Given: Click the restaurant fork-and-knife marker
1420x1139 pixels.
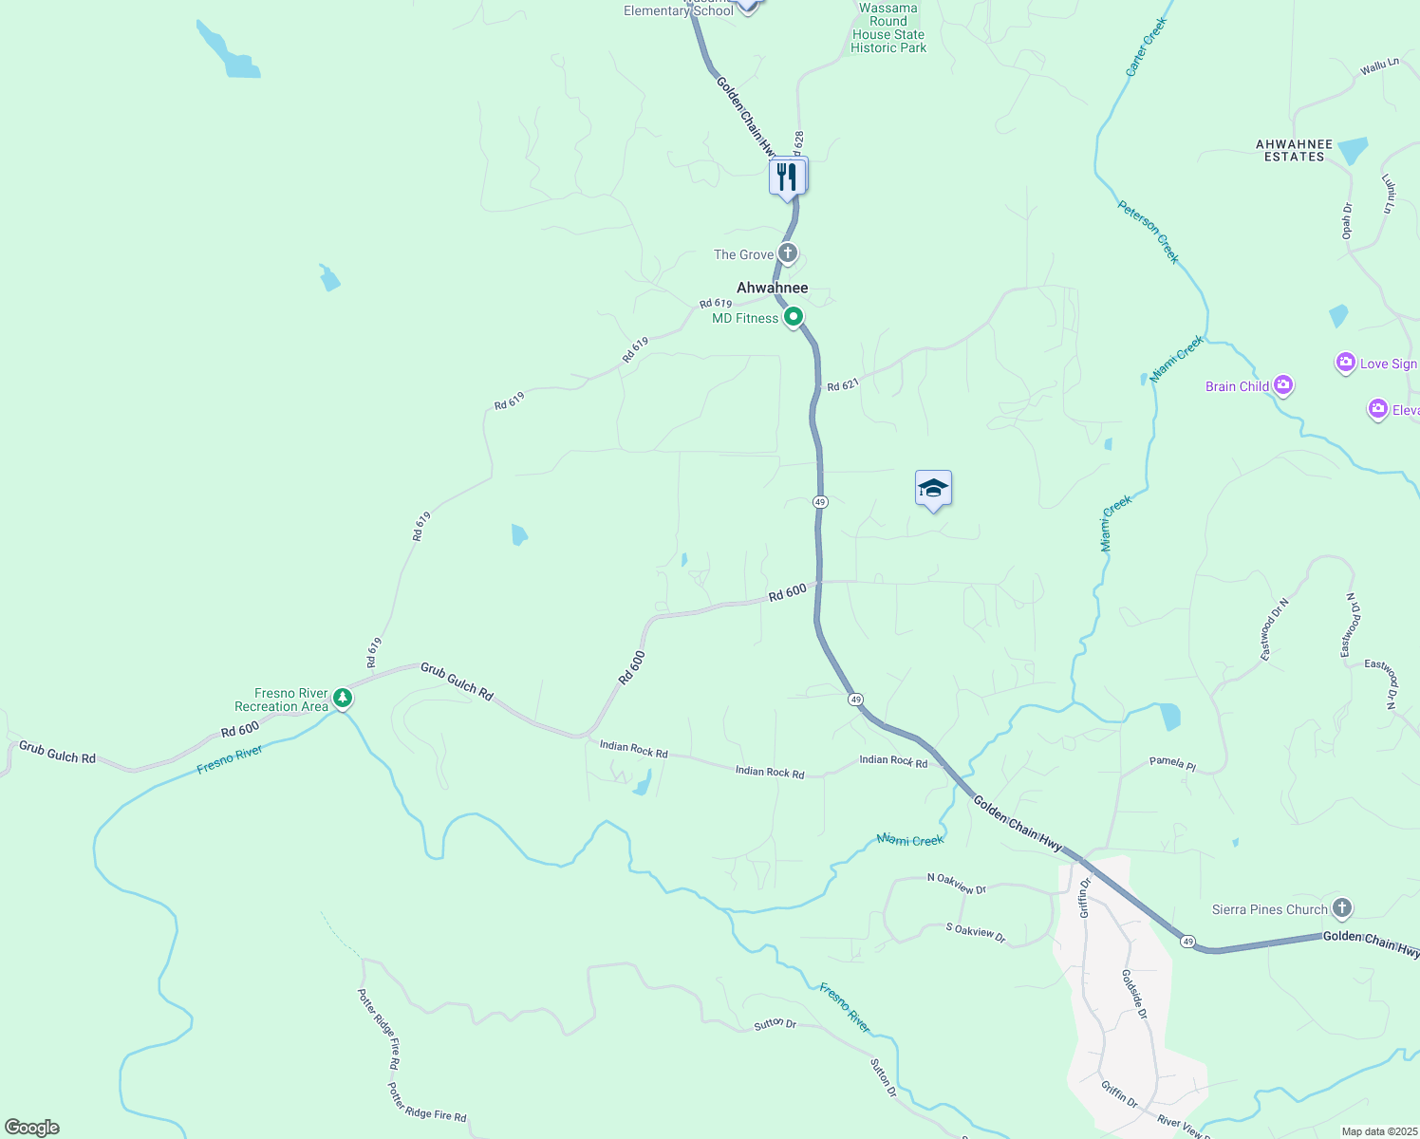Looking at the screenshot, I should [x=787, y=177].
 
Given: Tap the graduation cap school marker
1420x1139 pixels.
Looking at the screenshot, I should [x=933, y=489].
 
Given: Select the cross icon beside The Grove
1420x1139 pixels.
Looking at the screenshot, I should [x=787, y=253].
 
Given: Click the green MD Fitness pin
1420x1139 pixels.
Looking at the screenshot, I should [x=794, y=318].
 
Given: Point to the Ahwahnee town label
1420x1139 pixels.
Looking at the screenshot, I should [x=773, y=288].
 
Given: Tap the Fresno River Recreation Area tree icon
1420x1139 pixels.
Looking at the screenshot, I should [x=343, y=700].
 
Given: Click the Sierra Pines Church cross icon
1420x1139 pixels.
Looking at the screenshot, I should [x=1341, y=908].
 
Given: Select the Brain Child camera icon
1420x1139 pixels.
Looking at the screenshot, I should [x=1283, y=385].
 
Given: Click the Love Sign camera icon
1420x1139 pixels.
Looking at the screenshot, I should [x=1345, y=363].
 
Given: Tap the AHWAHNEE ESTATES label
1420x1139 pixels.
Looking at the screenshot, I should [x=1294, y=151].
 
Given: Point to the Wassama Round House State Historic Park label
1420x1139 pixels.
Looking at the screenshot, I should [x=888, y=28].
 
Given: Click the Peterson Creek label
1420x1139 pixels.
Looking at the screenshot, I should [x=1149, y=232].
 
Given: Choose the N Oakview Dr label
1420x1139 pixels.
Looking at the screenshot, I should [x=956, y=884].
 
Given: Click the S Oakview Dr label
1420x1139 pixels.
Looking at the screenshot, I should [x=975, y=933].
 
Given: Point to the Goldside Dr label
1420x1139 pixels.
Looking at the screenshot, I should [x=1134, y=994].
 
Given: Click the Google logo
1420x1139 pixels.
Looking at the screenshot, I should [x=32, y=1128].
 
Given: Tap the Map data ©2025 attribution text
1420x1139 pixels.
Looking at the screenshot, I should [x=1378, y=1131].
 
